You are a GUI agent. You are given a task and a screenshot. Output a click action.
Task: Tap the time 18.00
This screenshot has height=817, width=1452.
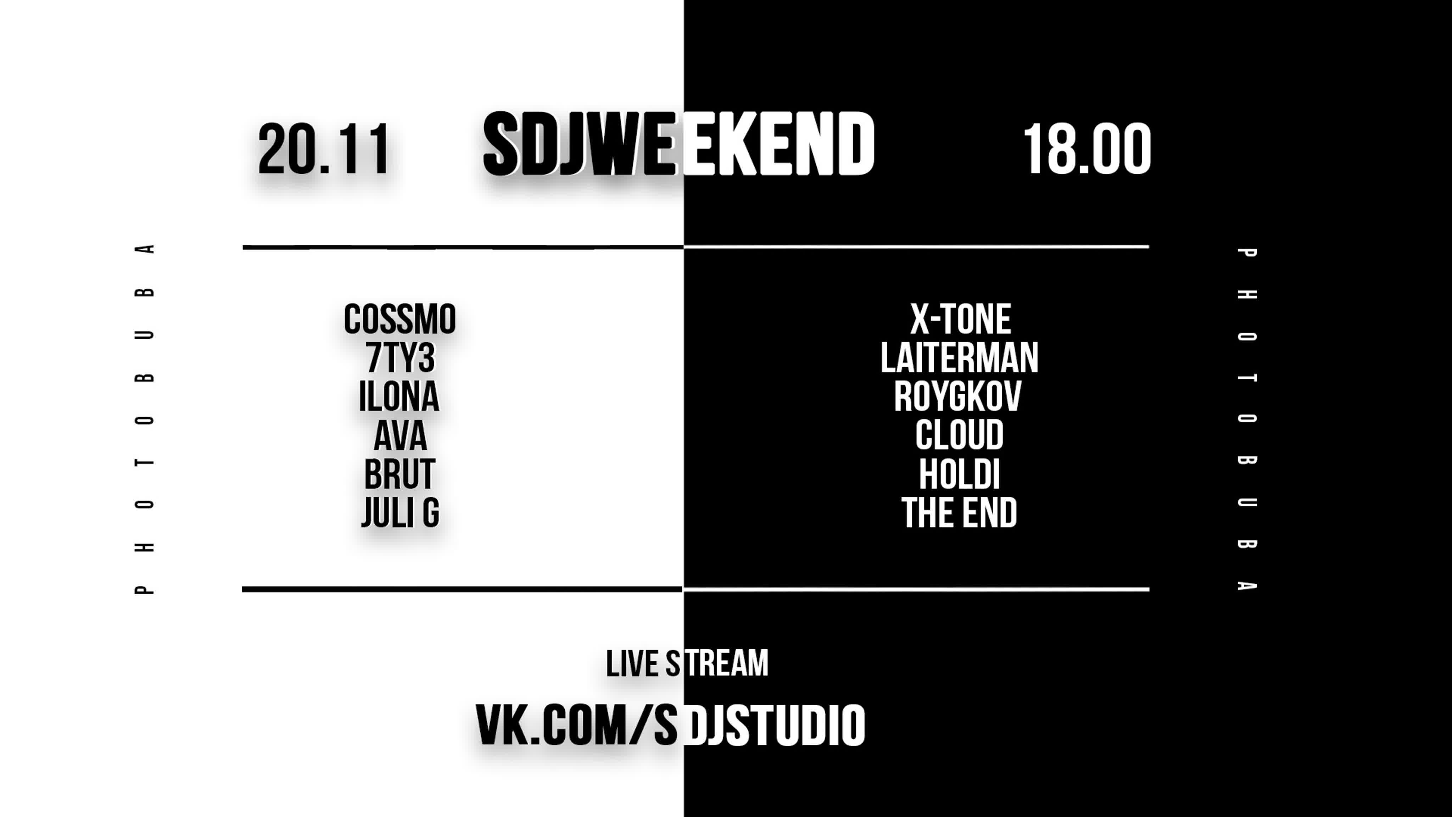point(1087,149)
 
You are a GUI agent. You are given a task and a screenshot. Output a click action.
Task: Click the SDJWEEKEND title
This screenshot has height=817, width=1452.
point(678,144)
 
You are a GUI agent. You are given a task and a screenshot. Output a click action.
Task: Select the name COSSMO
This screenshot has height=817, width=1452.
point(400,319)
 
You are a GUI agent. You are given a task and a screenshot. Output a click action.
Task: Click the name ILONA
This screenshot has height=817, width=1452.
point(399,396)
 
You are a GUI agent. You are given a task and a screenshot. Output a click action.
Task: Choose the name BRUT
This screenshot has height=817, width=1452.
point(400,474)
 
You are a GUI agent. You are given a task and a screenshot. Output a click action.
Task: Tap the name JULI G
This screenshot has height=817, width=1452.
point(400,512)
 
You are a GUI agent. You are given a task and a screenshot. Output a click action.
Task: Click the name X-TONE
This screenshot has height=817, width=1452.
point(960,319)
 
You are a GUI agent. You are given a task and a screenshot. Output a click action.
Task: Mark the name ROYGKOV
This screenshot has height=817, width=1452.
point(958,396)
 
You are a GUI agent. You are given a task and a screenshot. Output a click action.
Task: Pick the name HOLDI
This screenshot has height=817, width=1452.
point(959,474)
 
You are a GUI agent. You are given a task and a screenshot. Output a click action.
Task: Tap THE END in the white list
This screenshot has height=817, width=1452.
point(959,512)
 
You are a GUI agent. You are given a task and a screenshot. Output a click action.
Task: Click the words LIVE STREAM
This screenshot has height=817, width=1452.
point(687,664)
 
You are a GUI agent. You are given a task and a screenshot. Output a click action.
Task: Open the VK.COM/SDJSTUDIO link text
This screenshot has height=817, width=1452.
point(670,725)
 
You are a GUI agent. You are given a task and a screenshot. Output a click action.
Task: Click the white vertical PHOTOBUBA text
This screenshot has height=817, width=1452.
point(1247,419)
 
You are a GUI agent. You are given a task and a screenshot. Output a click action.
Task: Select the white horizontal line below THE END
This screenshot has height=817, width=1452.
point(916,590)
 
